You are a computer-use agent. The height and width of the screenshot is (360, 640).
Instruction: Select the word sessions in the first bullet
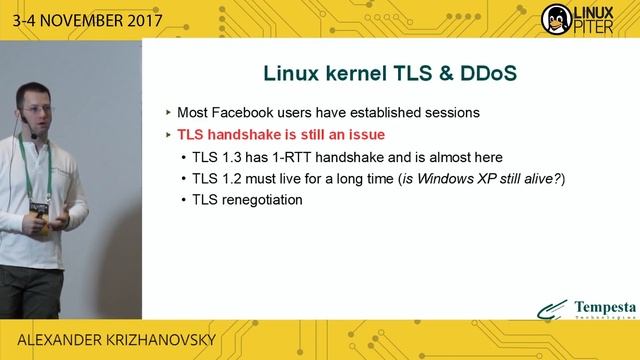pyautogui.click(x=451, y=112)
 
